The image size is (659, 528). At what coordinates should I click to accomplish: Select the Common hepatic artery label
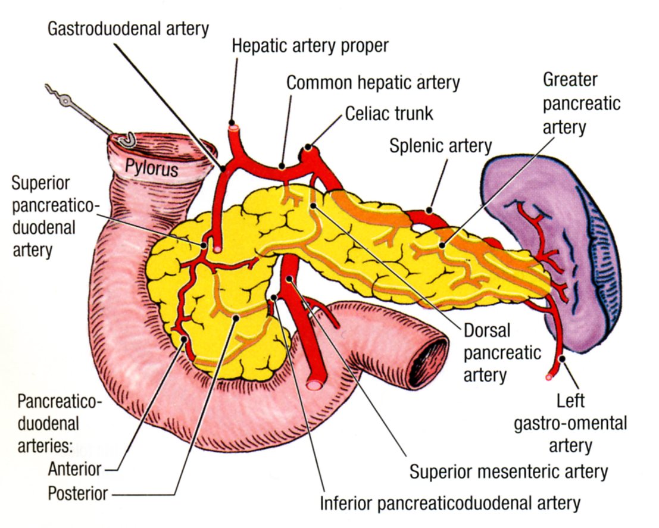point(373,82)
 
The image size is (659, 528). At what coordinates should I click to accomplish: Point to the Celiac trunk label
point(389,113)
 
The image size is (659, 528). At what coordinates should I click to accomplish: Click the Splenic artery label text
point(441,146)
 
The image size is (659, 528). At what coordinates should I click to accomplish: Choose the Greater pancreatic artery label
point(582,104)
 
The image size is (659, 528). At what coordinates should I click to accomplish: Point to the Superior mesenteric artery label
point(509,471)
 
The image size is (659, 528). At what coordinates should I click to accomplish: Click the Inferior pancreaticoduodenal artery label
point(450,503)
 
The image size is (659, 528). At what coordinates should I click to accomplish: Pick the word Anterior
point(74,470)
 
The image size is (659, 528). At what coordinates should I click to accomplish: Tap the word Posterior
point(78,493)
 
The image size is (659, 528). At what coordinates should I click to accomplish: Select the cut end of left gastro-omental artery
point(549,376)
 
